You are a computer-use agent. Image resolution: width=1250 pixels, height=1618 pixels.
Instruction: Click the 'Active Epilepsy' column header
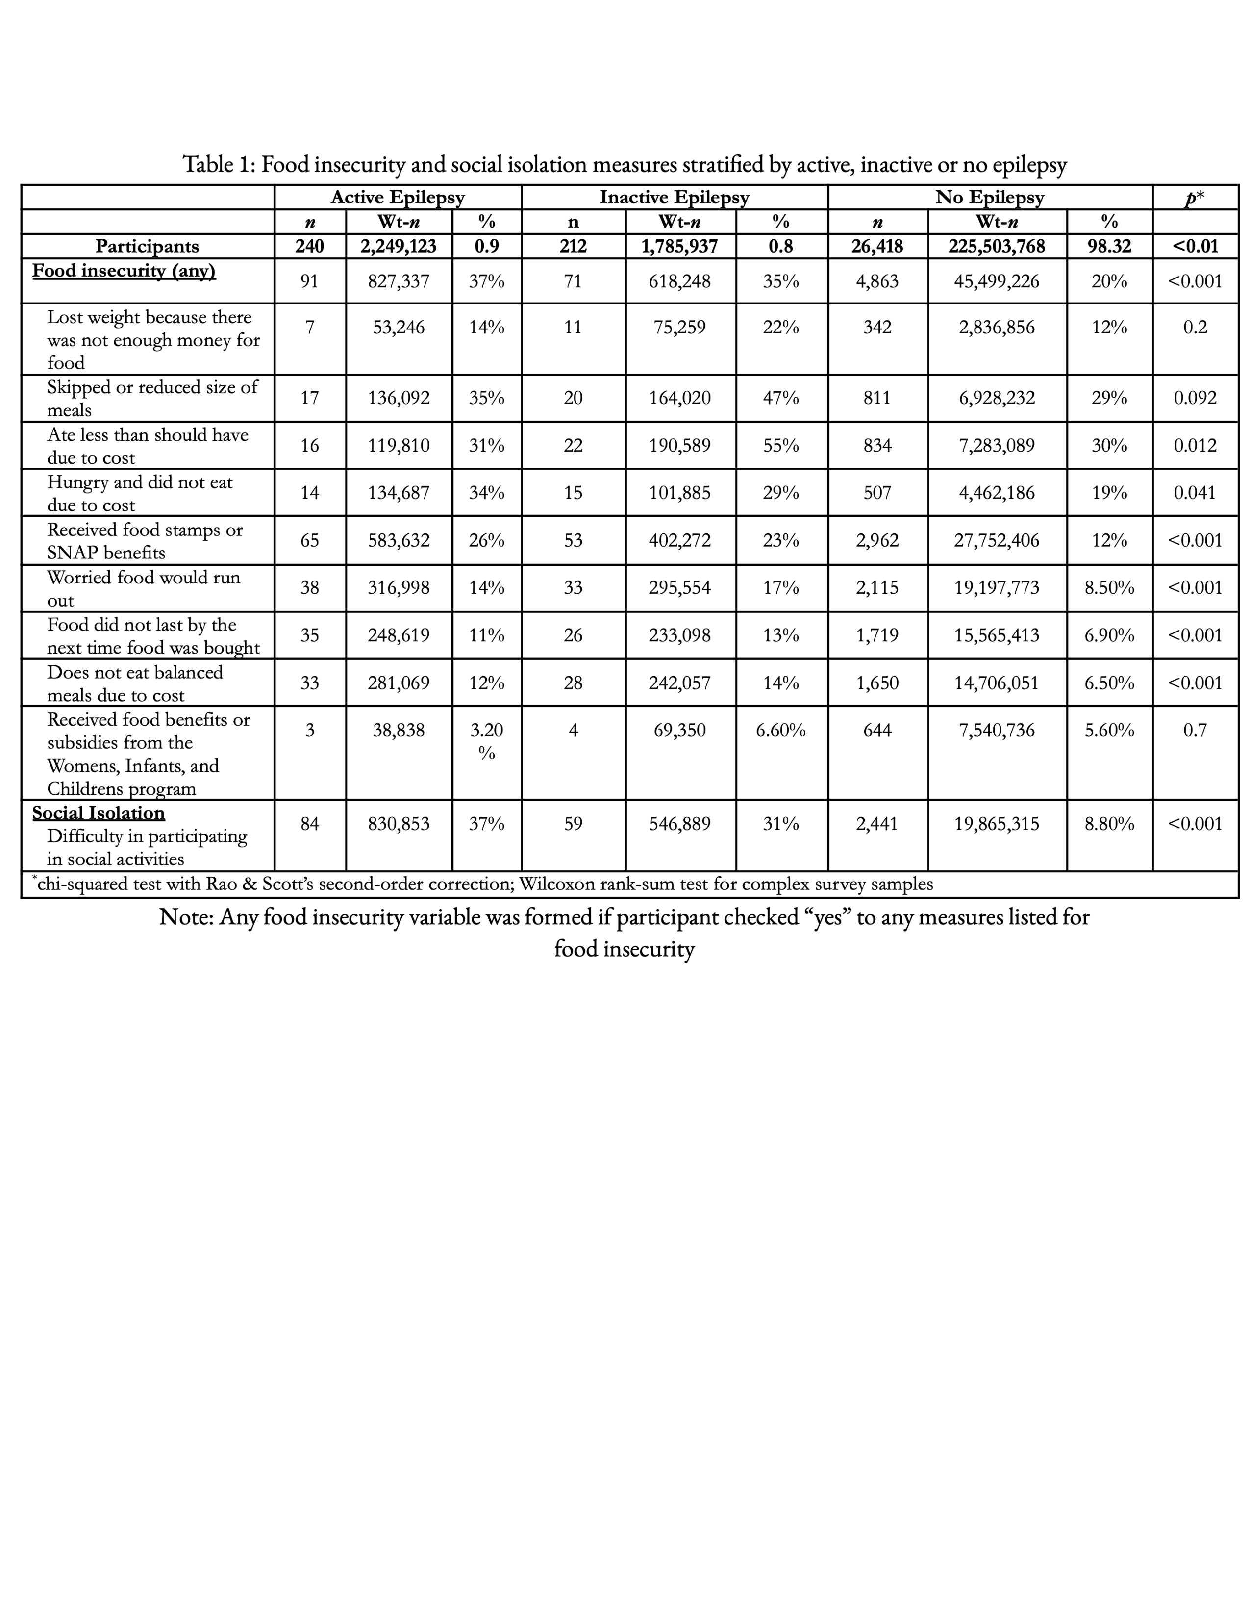click(x=398, y=197)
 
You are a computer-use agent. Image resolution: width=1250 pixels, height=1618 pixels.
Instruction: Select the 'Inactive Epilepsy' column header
click(x=674, y=197)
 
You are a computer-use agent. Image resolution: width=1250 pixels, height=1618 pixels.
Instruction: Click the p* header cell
click(x=1195, y=197)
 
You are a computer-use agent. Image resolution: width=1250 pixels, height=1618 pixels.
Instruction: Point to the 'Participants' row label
click(x=148, y=246)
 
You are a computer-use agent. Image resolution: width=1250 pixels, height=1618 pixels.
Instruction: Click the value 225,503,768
click(x=997, y=246)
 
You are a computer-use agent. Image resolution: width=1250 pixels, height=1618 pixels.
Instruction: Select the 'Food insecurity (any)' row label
click(x=124, y=271)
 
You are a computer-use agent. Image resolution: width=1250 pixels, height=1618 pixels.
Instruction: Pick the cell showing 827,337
click(x=399, y=281)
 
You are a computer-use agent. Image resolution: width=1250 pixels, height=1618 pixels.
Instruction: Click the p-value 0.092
click(x=1195, y=398)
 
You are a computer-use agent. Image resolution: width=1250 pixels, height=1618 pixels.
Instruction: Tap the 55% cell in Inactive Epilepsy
click(x=780, y=445)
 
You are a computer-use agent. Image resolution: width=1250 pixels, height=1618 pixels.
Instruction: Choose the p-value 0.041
click(x=1195, y=493)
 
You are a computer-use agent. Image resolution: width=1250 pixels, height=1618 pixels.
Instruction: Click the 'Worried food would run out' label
click(x=144, y=588)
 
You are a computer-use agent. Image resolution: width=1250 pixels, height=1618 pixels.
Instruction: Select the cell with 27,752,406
click(x=997, y=540)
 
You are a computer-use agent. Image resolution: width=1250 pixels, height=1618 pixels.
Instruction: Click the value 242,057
click(x=680, y=683)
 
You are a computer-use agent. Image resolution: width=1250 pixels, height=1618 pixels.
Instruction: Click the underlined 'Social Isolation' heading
click(x=99, y=813)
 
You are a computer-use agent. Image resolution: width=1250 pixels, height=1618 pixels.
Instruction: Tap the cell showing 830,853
click(x=399, y=823)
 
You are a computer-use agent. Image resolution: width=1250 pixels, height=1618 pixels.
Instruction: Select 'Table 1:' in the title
click(x=219, y=164)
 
